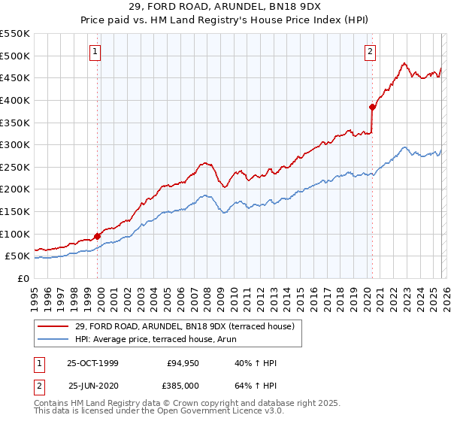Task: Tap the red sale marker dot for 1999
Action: (98, 236)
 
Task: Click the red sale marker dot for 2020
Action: (372, 107)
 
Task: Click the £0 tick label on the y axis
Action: (23, 278)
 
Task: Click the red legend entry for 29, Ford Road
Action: (189, 326)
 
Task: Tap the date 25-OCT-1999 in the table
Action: (92, 363)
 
